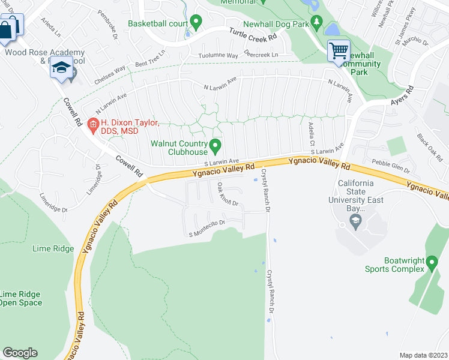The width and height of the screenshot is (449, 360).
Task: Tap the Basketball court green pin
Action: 195,23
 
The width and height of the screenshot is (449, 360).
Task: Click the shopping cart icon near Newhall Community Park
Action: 339,50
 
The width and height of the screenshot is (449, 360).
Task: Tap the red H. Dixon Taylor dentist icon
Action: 92,124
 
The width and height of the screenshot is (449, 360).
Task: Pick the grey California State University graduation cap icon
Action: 355,223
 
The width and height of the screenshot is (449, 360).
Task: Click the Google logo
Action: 20,353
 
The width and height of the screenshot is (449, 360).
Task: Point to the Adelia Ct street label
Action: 311,136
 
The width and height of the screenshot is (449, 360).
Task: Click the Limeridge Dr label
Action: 97,177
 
